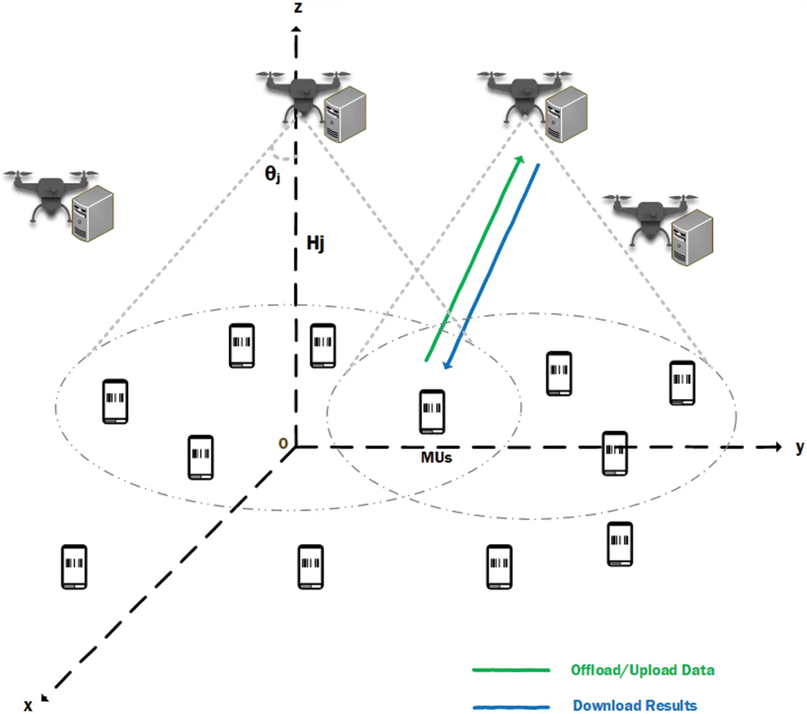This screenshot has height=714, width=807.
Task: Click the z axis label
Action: [x=298, y=8]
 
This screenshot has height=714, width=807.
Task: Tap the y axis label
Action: [x=799, y=447]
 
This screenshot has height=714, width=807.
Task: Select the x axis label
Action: [x=28, y=705]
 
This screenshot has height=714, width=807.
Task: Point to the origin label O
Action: [x=283, y=444]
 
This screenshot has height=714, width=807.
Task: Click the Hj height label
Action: [x=315, y=243]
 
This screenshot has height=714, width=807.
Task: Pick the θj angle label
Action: [x=272, y=174]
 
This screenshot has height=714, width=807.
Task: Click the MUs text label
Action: [x=436, y=458]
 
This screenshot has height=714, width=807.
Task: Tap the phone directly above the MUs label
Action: [x=432, y=411]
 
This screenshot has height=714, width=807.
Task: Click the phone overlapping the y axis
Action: [x=615, y=453]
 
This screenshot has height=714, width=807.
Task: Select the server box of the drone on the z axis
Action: [x=345, y=114]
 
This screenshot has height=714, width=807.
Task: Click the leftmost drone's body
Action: [x=49, y=194]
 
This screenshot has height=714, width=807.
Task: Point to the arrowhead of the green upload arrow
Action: [x=520, y=159]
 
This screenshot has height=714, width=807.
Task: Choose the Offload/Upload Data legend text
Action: [x=642, y=670]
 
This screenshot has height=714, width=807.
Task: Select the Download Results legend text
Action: [x=635, y=705]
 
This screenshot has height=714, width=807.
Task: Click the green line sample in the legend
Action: [x=511, y=670]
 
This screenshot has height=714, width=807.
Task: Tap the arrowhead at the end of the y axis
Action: [x=778, y=447]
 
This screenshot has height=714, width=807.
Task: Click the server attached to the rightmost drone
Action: [x=692, y=237]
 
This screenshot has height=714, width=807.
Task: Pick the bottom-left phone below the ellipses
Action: [x=74, y=567]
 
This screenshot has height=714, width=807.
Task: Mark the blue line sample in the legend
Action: [x=511, y=706]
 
